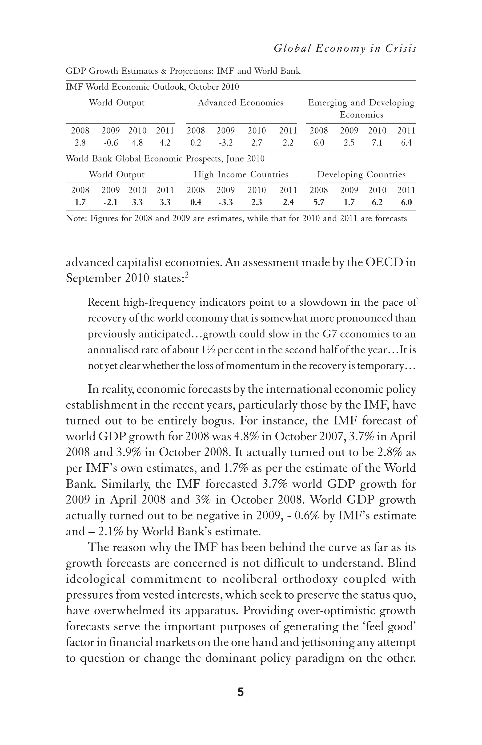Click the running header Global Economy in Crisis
[345, 49]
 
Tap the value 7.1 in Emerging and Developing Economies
[377, 143]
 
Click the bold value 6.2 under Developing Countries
[377, 202]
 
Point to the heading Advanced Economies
[240, 103]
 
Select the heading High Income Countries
[241, 174]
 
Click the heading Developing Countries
[361, 174]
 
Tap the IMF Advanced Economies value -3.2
[225, 143]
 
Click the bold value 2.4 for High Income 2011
[288, 202]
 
